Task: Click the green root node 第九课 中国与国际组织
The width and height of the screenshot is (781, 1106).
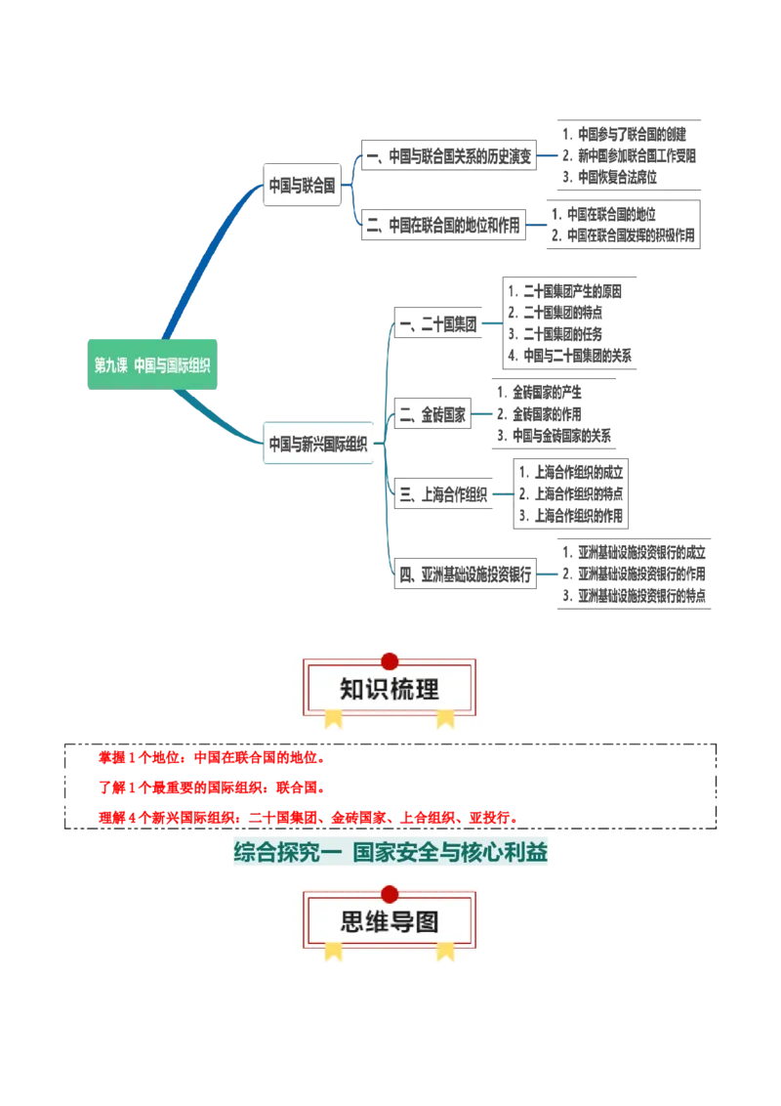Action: click(151, 365)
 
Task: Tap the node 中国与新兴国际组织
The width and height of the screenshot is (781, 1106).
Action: click(318, 444)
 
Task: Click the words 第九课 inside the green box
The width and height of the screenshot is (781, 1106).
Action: click(110, 365)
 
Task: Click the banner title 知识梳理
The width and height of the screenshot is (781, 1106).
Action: click(390, 689)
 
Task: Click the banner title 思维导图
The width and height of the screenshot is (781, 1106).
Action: click(390, 921)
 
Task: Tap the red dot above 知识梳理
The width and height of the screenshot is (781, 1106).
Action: click(390, 661)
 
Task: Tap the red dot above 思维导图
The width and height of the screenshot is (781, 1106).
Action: click(390, 894)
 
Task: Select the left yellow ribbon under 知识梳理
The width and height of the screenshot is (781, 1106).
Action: click(334, 719)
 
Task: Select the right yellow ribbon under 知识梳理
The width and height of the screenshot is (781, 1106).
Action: click(445, 719)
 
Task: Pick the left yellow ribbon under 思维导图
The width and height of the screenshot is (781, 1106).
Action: click(334, 951)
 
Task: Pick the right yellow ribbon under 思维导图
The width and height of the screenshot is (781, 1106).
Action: click(445, 951)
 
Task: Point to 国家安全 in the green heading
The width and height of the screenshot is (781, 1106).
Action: click(390, 853)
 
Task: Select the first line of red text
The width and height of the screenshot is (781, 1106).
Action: click(211, 757)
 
